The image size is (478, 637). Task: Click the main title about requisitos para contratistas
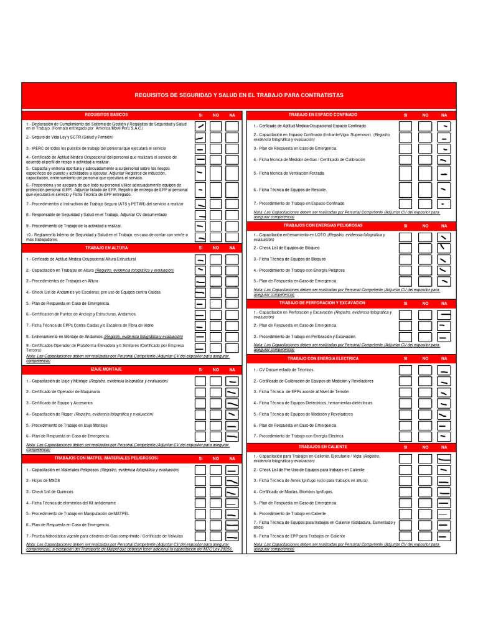239,95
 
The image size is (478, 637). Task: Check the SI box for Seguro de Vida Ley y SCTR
200,138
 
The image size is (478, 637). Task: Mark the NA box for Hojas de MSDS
232,481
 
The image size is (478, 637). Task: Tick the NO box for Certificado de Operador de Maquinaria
216,392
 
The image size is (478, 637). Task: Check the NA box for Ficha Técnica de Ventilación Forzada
444,174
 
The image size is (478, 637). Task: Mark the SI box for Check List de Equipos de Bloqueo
405,248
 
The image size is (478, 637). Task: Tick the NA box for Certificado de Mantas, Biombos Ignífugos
444,491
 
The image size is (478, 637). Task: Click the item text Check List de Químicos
49,491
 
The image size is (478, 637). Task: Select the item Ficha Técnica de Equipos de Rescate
289,189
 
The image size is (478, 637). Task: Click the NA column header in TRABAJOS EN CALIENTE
444,447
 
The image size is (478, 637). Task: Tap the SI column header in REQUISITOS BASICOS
200,116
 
